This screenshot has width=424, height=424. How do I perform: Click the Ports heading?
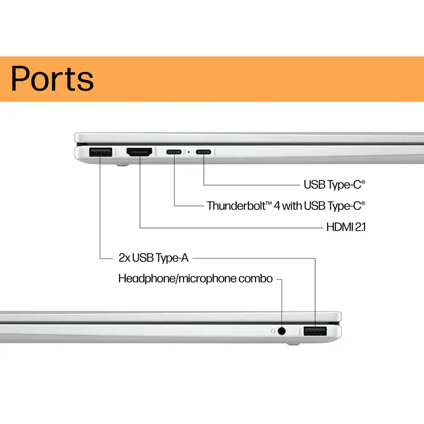click(52, 78)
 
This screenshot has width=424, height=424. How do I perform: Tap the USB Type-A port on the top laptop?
click(100, 152)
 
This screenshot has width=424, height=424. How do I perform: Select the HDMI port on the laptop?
click(139, 152)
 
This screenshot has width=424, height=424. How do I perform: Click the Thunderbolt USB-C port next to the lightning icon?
click(173, 151)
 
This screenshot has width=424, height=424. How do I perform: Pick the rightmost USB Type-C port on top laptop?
click(203, 151)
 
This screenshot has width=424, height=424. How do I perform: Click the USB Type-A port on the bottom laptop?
click(315, 331)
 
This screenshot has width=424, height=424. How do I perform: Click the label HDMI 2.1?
click(346, 227)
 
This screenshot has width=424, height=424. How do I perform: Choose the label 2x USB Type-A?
click(153, 257)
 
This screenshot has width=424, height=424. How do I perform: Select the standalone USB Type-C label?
click(334, 184)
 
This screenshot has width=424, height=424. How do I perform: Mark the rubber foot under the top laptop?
click(122, 166)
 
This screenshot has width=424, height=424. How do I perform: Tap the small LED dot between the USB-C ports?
click(189, 152)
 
